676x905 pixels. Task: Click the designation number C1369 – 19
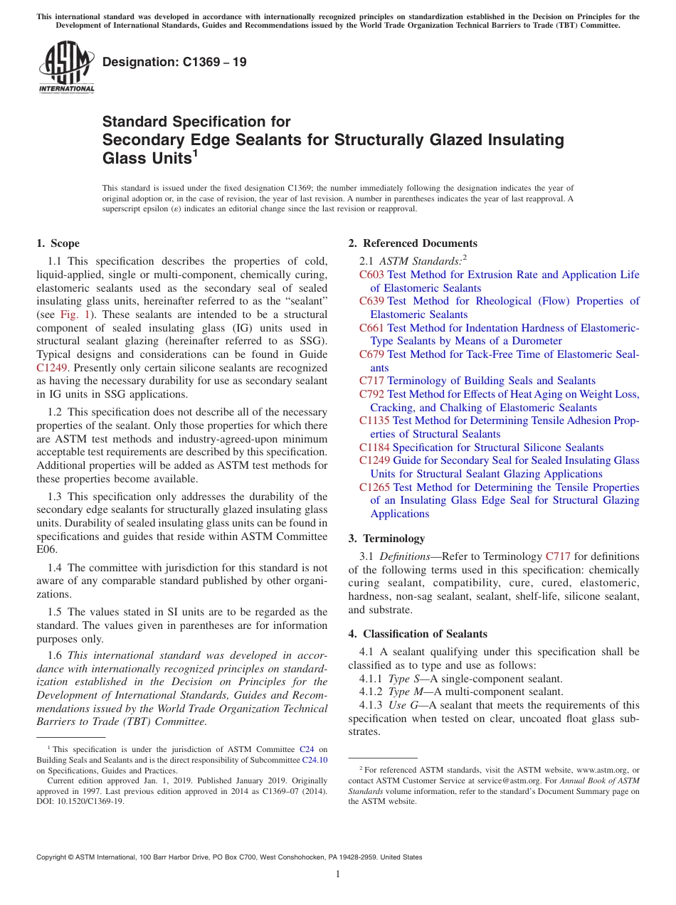coord(174,62)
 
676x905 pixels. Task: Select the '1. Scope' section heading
coord(58,243)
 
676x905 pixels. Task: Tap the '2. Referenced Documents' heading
coord(413,243)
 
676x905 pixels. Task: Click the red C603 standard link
coord(371,275)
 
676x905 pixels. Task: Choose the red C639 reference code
coord(371,301)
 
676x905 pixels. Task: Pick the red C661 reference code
coord(371,328)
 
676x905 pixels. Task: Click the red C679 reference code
coord(371,354)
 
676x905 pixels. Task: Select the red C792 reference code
coord(371,394)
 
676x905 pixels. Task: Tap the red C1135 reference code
coord(374,420)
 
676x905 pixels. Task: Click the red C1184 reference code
coord(374,448)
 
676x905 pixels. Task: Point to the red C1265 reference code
coord(374,487)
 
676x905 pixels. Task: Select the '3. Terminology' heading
coord(386,539)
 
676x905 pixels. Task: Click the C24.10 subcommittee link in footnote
coord(315,760)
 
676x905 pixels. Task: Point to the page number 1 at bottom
coord(338,874)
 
